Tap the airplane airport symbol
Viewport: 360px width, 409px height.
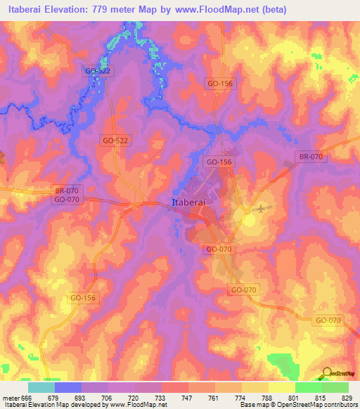pyautogui.click(x=262, y=208)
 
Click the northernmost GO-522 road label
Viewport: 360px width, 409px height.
pyautogui.click(x=97, y=71)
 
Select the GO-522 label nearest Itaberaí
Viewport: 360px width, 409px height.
pyautogui.click(x=115, y=141)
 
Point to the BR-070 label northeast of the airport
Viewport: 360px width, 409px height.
pyautogui.click(x=310, y=157)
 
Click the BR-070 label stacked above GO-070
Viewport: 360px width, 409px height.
pyautogui.click(x=67, y=190)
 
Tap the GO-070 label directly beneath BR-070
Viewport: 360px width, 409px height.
pyautogui.click(x=67, y=200)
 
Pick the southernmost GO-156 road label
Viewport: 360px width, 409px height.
pyautogui.click(x=84, y=298)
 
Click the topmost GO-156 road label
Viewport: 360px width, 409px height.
pyautogui.click(x=220, y=83)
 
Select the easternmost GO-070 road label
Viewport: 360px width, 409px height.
pyautogui.click(x=328, y=320)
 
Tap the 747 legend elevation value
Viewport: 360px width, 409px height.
pyautogui.click(x=188, y=398)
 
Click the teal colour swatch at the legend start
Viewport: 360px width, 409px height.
pyautogui.click(x=41, y=387)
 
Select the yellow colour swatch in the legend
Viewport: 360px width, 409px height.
pyautogui.click(x=281, y=387)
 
